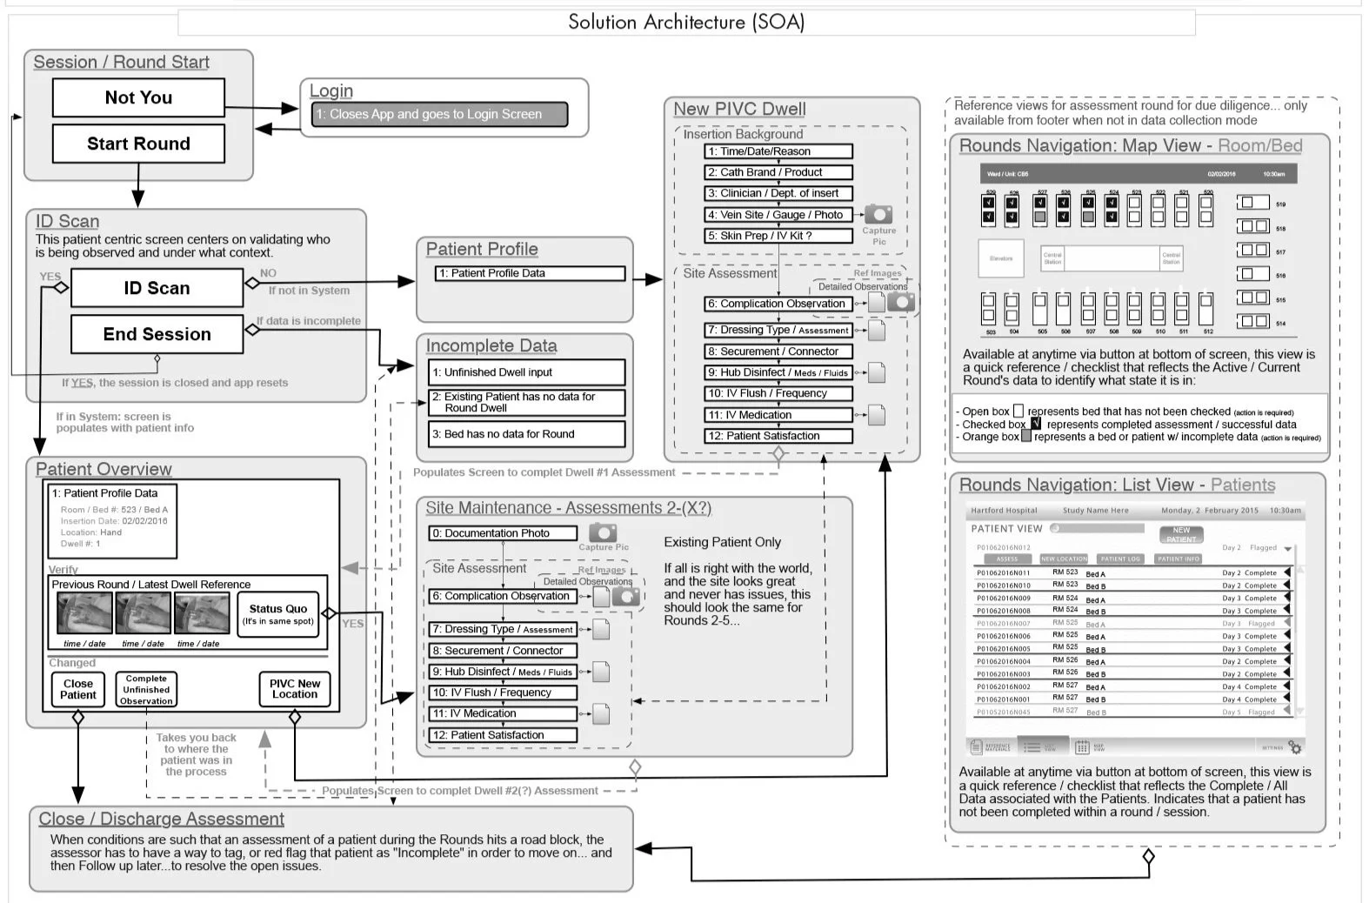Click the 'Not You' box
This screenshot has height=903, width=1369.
(138, 97)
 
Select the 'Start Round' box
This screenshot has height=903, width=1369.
(138, 144)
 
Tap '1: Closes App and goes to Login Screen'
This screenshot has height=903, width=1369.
(438, 114)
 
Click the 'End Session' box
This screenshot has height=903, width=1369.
(157, 334)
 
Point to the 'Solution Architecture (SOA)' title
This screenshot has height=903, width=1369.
(685, 22)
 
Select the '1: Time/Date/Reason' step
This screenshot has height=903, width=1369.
(778, 151)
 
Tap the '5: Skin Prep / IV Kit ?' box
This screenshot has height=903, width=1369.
(778, 236)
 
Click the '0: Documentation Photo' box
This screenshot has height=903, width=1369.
(503, 533)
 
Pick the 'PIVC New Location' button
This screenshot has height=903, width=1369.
(295, 689)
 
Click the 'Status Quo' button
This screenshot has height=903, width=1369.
(277, 614)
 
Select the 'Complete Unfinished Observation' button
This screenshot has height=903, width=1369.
(146, 690)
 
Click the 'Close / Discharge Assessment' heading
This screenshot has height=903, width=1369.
(161, 819)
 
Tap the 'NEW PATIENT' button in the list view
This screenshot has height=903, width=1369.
(1181, 534)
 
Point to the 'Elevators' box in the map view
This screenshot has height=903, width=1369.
(1001, 258)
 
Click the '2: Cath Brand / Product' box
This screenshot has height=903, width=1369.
(778, 172)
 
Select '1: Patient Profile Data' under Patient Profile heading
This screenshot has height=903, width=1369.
(529, 273)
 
